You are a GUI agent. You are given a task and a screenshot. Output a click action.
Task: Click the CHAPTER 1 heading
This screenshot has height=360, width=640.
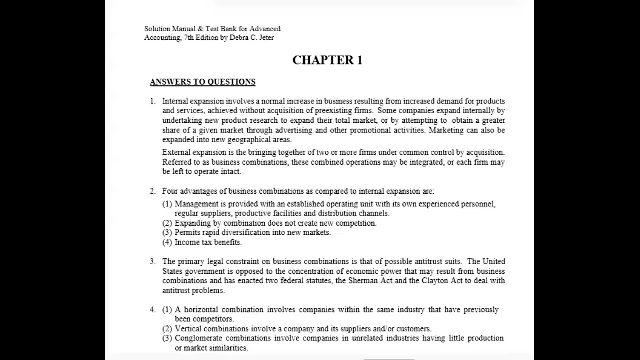(327, 60)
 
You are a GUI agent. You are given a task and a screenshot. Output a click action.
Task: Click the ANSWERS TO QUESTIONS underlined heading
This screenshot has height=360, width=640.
(202, 82)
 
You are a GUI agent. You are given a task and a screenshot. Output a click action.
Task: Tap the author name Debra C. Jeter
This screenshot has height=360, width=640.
(251, 38)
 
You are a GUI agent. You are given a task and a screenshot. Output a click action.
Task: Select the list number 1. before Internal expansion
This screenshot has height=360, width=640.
(153, 101)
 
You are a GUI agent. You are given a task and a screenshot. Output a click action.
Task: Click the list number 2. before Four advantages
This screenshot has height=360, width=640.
(153, 191)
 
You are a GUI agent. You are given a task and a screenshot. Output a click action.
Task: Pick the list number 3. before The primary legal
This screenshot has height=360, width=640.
(153, 261)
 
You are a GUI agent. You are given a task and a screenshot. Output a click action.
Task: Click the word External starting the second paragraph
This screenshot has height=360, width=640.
(176, 152)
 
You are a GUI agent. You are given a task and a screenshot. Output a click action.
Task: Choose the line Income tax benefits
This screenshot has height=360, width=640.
(208, 242)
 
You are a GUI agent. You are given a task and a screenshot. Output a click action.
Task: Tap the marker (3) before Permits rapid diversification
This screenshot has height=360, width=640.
(167, 233)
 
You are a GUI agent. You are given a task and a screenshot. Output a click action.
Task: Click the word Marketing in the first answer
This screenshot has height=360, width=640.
(446, 130)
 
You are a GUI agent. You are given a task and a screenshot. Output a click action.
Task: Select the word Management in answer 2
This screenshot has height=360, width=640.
(196, 204)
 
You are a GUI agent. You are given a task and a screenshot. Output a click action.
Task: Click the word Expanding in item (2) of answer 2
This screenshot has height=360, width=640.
(192, 223)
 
